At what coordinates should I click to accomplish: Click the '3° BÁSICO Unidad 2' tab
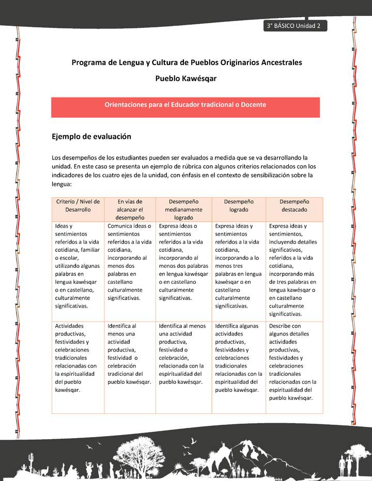(294, 26)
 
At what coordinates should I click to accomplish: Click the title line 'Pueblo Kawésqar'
(186, 79)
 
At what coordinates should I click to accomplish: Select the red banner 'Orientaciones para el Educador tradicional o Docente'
(185, 105)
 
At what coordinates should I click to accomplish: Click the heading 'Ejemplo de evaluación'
(91, 137)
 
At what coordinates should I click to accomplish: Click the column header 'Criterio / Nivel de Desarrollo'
(78, 206)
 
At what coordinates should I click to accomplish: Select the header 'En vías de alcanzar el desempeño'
(130, 210)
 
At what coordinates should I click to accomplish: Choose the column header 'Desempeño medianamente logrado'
(183, 210)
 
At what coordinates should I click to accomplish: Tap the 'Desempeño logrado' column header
(239, 206)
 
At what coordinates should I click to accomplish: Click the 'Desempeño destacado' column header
(294, 206)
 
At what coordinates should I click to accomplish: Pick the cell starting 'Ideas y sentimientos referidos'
(78, 265)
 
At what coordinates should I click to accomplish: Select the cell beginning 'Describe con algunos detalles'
(294, 361)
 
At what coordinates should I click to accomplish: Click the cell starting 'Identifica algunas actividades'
(239, 357)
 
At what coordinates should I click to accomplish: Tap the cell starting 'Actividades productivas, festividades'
(78, 357)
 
